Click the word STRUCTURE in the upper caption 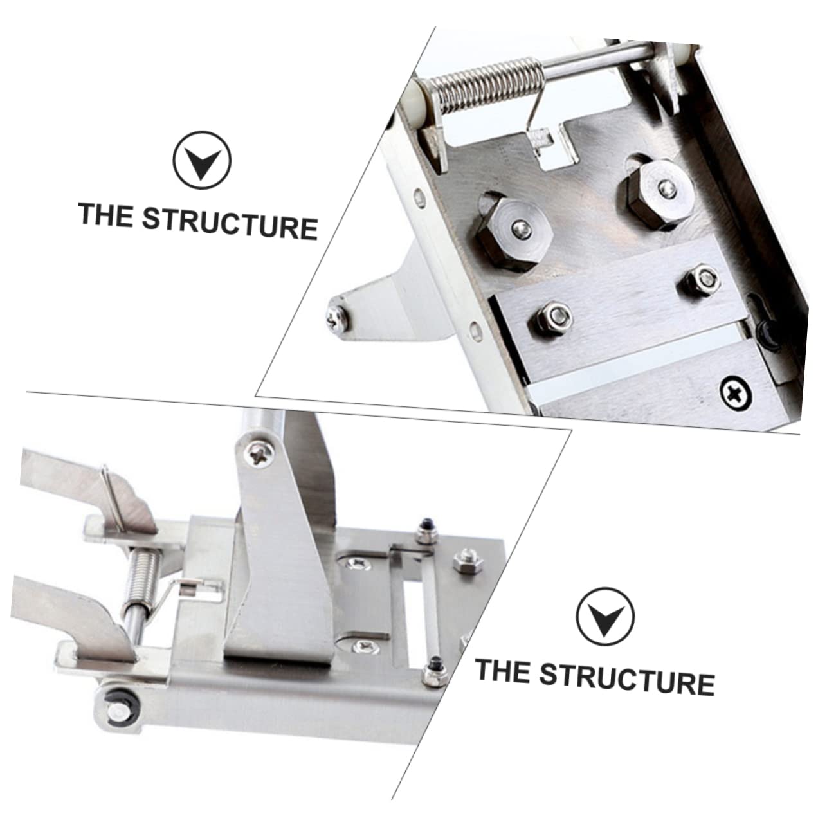point(230,221)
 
